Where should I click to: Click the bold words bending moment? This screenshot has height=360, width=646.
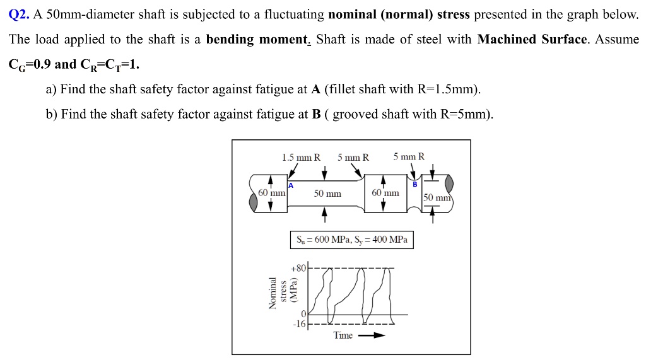(257, 40)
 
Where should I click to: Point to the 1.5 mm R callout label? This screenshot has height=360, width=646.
(301, 157)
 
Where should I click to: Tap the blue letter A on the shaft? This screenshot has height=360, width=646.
(291, 185)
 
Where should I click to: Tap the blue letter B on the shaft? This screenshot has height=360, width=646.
(415, 185)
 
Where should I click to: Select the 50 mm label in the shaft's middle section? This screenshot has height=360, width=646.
(327, 194)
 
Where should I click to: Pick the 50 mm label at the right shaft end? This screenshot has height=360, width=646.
(437, 198)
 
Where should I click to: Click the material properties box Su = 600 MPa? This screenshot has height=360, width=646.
(351, 240)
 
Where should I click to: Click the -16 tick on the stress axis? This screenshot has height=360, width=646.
(298, 324)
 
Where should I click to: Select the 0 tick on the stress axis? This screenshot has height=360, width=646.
(303, 314)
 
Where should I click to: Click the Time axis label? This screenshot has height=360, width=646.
(343, 335)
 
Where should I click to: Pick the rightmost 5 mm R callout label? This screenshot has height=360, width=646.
(409, 156)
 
